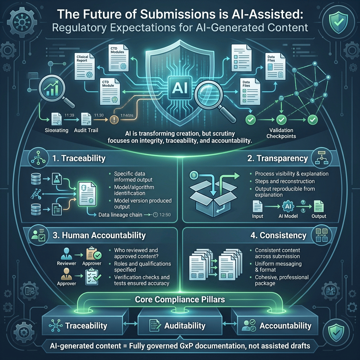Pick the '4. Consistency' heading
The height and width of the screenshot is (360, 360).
coord(278,235)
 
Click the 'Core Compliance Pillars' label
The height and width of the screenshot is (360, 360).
coord(180,300)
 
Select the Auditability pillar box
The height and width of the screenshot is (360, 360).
coord(180,326)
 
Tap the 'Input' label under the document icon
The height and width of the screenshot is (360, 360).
coord(258,216)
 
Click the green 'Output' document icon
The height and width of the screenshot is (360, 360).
coord(319,206)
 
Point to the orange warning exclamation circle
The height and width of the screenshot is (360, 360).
coord(114,118)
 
